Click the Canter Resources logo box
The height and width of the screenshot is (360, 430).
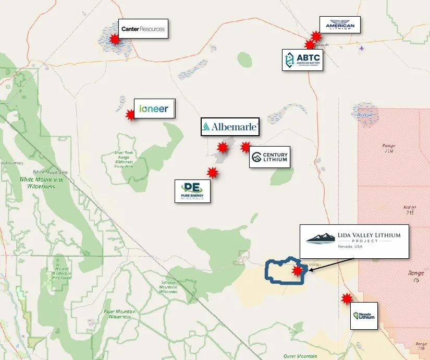tap(142, 29)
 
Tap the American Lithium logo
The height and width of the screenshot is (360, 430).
tap(340, 25)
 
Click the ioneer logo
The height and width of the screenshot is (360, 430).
tap(154, 109)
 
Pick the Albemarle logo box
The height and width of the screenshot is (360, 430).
tap(230, 127)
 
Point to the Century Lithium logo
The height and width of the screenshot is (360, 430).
tap(268, 157)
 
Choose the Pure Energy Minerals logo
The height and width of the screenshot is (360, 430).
tap(192, 191)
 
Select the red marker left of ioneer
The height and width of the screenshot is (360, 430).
tap(130, 114)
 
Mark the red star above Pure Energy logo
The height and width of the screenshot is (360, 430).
tap(212, 173)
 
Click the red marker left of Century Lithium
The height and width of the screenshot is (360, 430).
tap(245, 148)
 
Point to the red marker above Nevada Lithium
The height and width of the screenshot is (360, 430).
tap(346, 299)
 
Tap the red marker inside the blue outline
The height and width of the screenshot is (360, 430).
tap(297, 271)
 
